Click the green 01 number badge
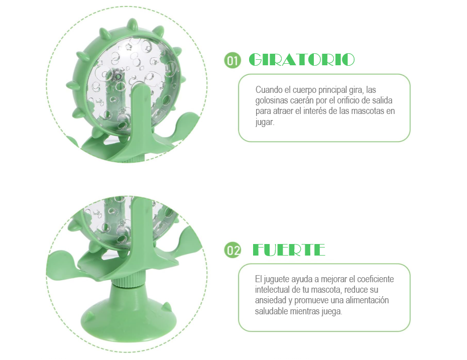[232, 60]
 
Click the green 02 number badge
[232, 250]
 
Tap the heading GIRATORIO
[302, 59]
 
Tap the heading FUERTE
[289, 250]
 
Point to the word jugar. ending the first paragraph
[265, 122]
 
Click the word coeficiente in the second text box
[375, 279]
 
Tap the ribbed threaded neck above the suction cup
[129, 281]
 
